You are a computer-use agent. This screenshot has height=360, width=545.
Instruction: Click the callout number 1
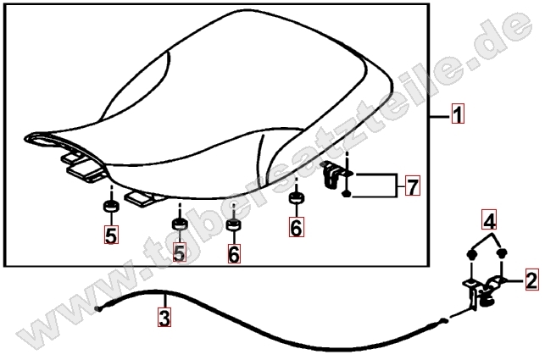point(458,114)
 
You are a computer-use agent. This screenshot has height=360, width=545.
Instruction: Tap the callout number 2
point(531,280)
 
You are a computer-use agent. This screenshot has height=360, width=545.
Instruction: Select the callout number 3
point(164,318)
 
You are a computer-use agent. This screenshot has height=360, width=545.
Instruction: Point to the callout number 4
point(489,220)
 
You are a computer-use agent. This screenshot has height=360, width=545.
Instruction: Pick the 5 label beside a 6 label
point(179,252)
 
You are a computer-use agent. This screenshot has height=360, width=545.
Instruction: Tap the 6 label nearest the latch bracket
point(296,227)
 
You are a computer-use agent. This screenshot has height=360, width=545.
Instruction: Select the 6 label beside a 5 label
point(234,253)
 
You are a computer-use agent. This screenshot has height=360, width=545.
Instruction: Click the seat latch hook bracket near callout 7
point(331,174)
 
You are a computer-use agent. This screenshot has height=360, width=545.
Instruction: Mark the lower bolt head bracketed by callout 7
point(346,194)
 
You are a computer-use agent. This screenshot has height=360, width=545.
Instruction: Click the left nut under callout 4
point(471,255)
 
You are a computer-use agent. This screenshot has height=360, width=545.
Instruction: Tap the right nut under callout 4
point(502,253)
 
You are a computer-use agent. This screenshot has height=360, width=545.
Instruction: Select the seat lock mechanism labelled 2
point(484,291)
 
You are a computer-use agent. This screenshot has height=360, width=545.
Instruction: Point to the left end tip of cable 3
point(97,309)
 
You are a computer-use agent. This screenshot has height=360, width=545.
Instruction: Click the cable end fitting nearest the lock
point(442,321)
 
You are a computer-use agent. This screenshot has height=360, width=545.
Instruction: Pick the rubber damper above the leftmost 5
point(111,206)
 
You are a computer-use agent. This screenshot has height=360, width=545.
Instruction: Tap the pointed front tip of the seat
point(26,138)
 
